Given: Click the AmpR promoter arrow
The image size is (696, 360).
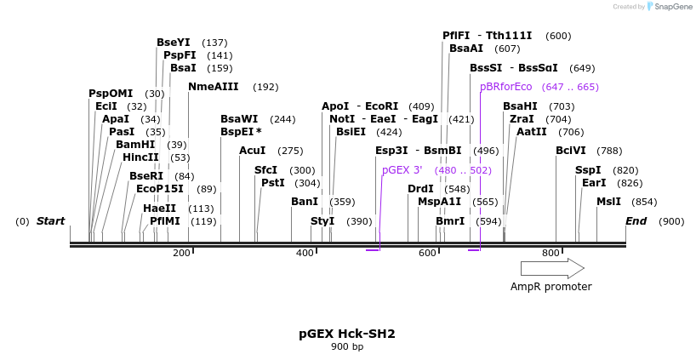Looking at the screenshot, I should pyautogui.click(x=551, y=268).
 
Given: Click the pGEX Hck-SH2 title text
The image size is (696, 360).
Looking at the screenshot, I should pyautogui.click(x=346, y=334).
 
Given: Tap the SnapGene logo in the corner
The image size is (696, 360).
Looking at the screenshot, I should pyautogui.click(x=670, y=7).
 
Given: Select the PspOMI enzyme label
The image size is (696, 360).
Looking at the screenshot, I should pyautogui.click(x=111, y=94).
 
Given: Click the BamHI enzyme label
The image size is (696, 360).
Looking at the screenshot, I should pyautogui.click(x=135, y=145).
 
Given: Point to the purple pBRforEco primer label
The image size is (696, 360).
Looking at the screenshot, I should pyautogui.click(x=505, y=87).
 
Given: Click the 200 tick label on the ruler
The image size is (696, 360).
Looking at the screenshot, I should pyautogui.click(x=181, y=253).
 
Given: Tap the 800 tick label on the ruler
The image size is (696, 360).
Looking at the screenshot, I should pyautogui.click(x=551, y=253).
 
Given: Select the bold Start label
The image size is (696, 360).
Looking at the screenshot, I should pyautogui.click(x=50, y=221).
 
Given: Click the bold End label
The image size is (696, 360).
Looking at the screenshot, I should pyautogui.click(x=636, y=221).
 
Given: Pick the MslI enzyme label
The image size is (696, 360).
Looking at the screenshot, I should pyautogui.click(x=608, y=202).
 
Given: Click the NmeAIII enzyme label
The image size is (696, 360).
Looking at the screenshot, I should pyautogui.click(x=213, y=87).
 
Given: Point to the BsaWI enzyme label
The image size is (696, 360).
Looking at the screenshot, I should pyautogui.click(x=239, y=119).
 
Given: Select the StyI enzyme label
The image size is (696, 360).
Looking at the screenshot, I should pyautogui.click(x=322, y=221).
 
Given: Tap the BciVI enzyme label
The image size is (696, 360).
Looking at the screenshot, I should pyautogui.click(x=571, y=151).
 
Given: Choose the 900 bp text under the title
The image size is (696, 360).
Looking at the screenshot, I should pyautogui.click(x=346, y=346).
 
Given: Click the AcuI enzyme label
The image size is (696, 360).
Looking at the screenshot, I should pyautogui.click(x=253, y=151).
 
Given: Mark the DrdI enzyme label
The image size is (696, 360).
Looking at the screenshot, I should pyautogui.click(x=420, y=189).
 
